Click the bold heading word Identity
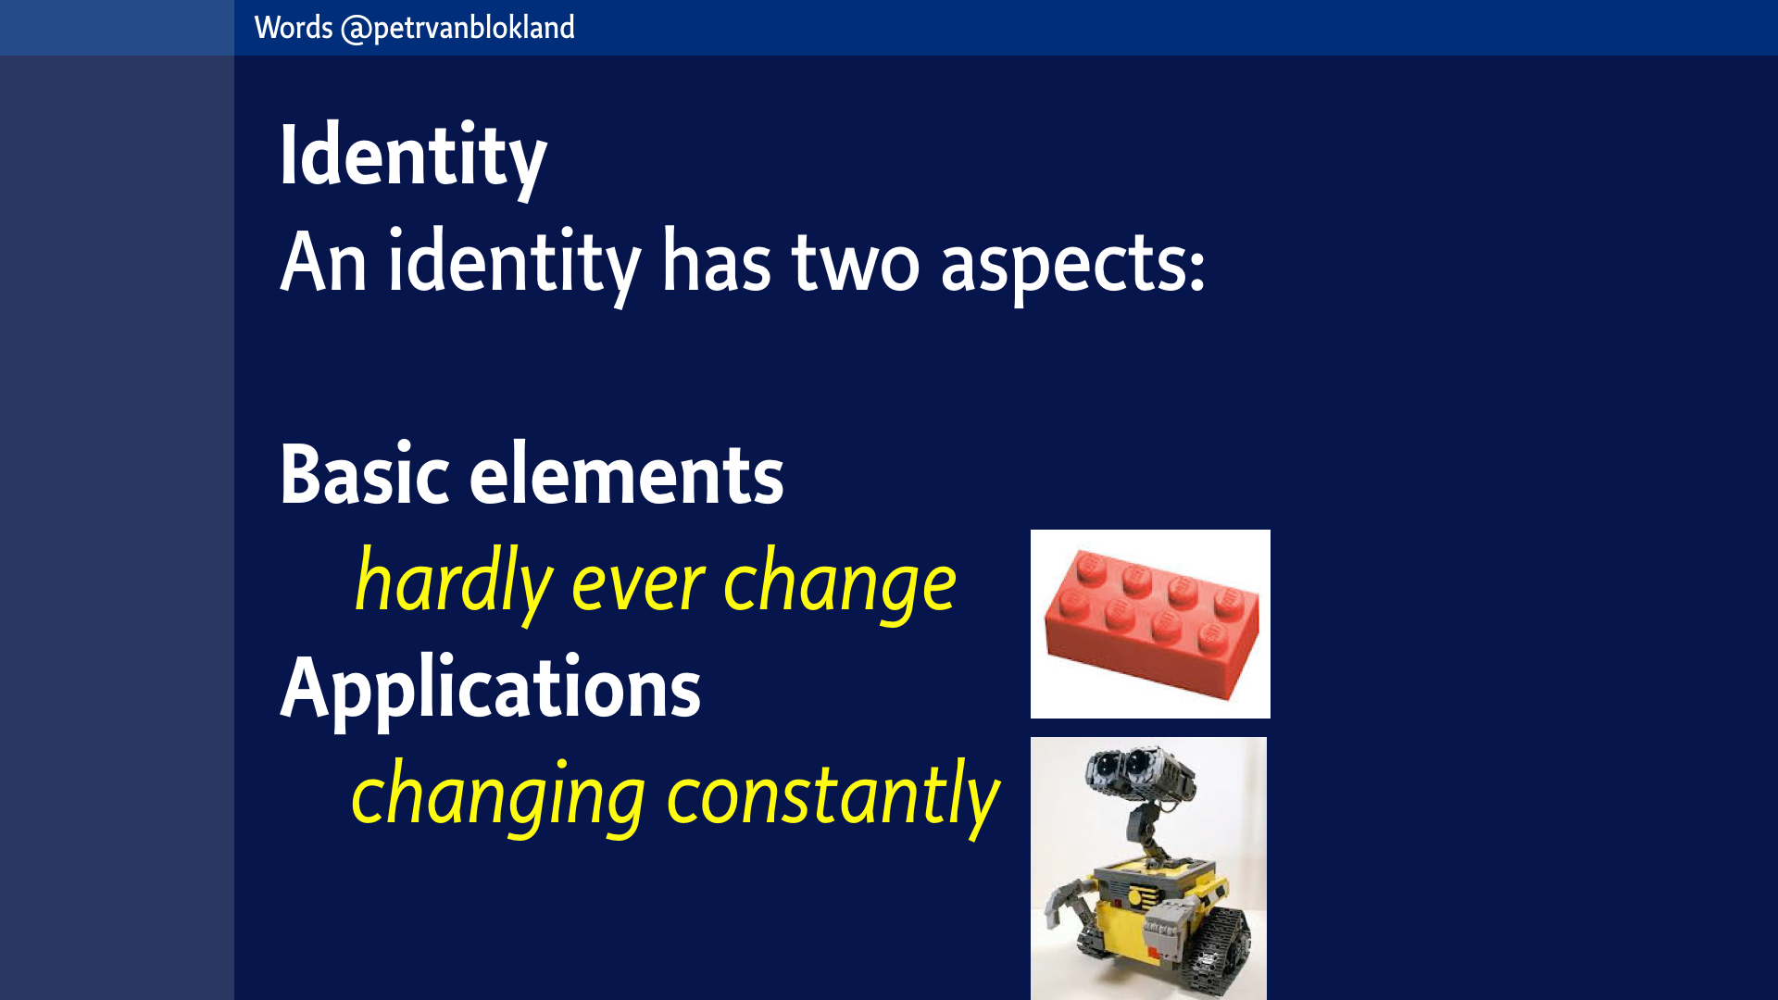pos(413,157)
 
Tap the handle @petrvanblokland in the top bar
pos(457,28)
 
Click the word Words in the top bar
pos(294,28)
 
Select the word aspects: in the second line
pos(1073,265)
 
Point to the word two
pos(856,263)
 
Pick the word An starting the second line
pos(323,263)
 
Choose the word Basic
pos(365,474)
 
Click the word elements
pos(627,474)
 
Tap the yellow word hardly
pos(454,583)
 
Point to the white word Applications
pos(491,689)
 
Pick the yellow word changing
pos(498,796)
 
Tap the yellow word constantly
pos(833,794)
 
